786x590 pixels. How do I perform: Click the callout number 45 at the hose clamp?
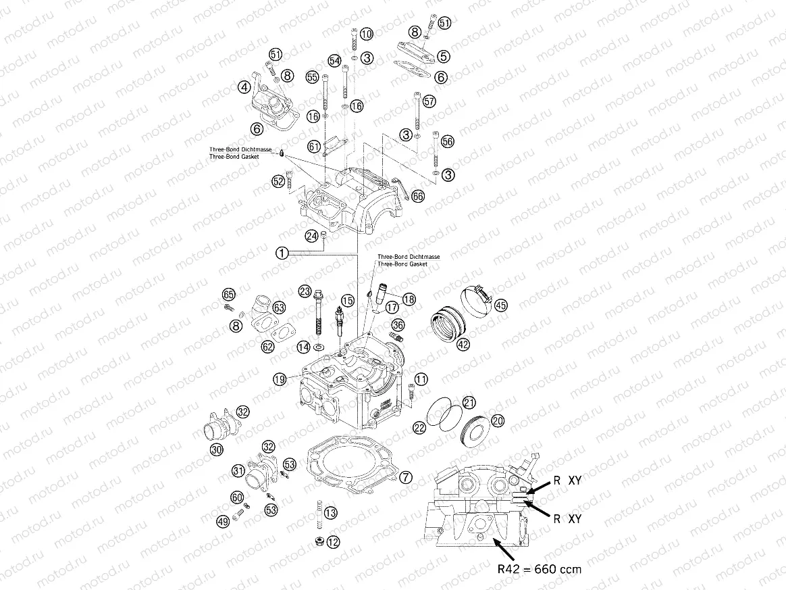[500, 305]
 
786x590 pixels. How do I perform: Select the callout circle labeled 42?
[463, 344]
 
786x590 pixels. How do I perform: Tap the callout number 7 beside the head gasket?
[405, 477]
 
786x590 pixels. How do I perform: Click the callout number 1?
[282, 253]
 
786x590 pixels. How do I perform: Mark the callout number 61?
[314, 146]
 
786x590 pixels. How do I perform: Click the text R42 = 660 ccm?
[539, 568]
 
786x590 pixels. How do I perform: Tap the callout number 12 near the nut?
[334, 541]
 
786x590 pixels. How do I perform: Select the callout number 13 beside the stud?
[330, 514]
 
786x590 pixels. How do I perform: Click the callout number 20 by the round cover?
[497, 420]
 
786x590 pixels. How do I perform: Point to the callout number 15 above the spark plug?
[347, 300]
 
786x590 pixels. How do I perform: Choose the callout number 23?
[305, 292]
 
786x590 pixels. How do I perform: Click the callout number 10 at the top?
[366, 34]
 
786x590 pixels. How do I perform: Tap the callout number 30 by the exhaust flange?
[216, 449]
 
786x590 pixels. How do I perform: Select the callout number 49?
[222, 520]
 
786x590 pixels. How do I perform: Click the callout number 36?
[398, 325]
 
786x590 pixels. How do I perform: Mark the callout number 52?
[278, 181]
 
